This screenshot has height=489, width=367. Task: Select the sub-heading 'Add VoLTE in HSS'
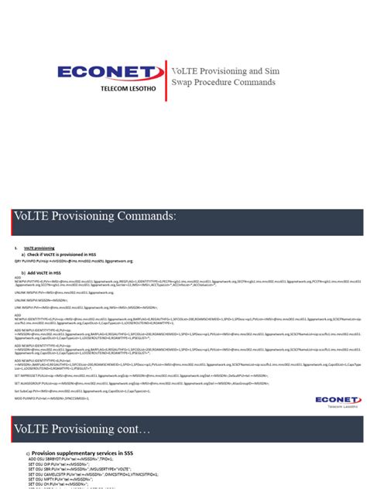coord(46,272)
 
